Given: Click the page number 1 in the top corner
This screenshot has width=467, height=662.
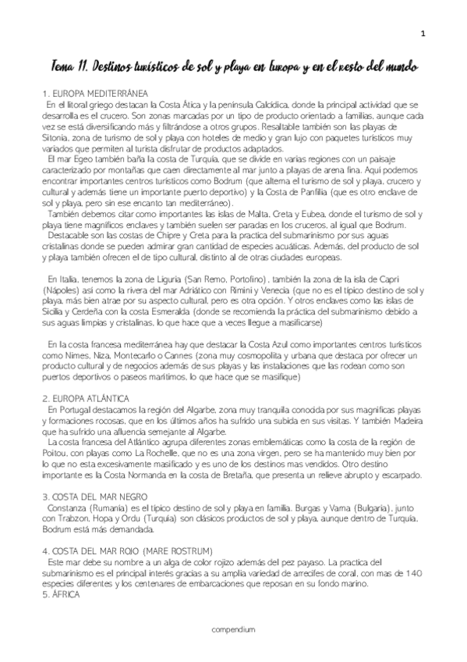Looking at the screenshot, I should click(423, 33).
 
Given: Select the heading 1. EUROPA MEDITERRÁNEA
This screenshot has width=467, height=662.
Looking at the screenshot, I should click(96, 93).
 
